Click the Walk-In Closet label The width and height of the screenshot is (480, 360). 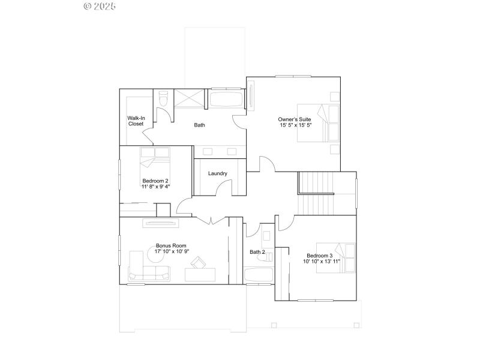pos(136,121)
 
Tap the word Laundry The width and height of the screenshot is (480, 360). pos(218,173)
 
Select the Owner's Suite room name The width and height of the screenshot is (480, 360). pos(295,119)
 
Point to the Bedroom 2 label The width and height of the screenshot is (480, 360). pos(155,181)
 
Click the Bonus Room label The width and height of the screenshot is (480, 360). pos(171,245)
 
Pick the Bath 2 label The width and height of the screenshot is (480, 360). pos(257,252)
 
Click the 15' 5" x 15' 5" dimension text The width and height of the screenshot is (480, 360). pos(295,125)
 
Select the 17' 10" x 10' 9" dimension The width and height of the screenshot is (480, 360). pos(172,251)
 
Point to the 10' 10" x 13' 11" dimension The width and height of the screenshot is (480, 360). pos(322,262)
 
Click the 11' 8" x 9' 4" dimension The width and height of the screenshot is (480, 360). pos(156,187)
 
